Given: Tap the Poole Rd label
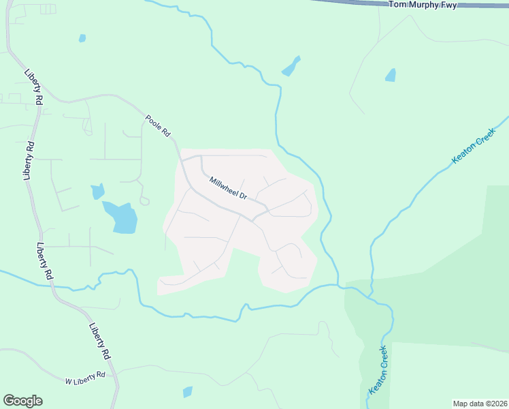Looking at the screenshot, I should pos(157,126).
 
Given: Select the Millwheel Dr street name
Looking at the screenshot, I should pos(228,189).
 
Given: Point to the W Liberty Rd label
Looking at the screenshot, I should pos(85,375).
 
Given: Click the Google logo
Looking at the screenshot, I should pos(22,401).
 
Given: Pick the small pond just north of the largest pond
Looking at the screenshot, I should pos(97,192).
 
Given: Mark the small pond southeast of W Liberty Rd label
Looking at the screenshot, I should pos(187,392).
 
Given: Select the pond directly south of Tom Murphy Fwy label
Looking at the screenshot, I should pos(390,75).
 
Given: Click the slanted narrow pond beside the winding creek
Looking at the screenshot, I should pos(291,66).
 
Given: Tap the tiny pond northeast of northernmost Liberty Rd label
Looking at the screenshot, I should pos(82,38).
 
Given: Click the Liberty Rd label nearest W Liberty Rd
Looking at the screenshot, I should pos(99,341).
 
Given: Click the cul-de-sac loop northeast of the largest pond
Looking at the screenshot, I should pos(144,200).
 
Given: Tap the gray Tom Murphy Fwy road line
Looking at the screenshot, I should pos(354,3).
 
